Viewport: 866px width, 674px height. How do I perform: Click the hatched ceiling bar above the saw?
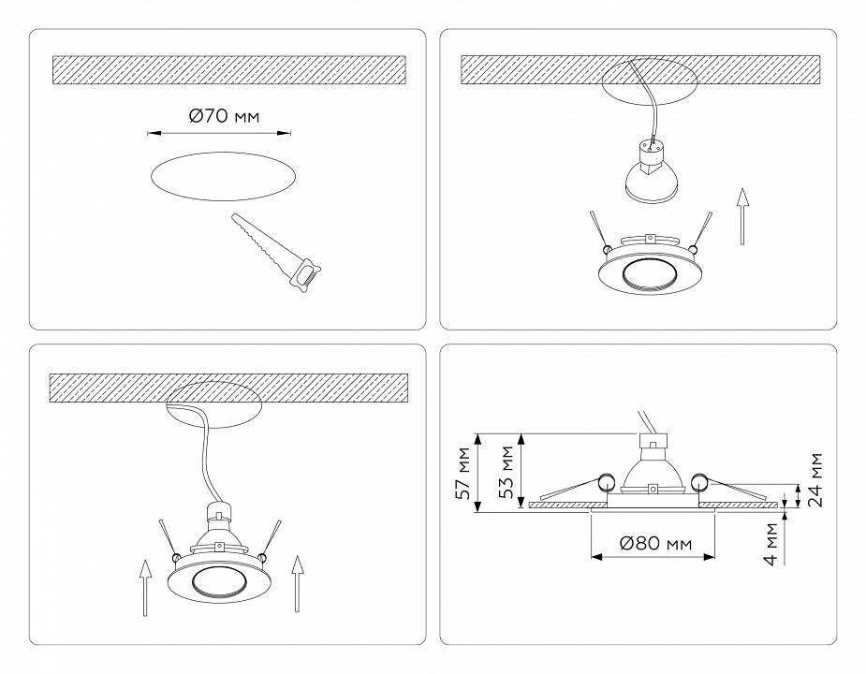tap(228, 68)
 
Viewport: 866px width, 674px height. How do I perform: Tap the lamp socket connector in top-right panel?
tap(648, 149)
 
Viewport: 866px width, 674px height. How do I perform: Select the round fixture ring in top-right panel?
tap(648, 272)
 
